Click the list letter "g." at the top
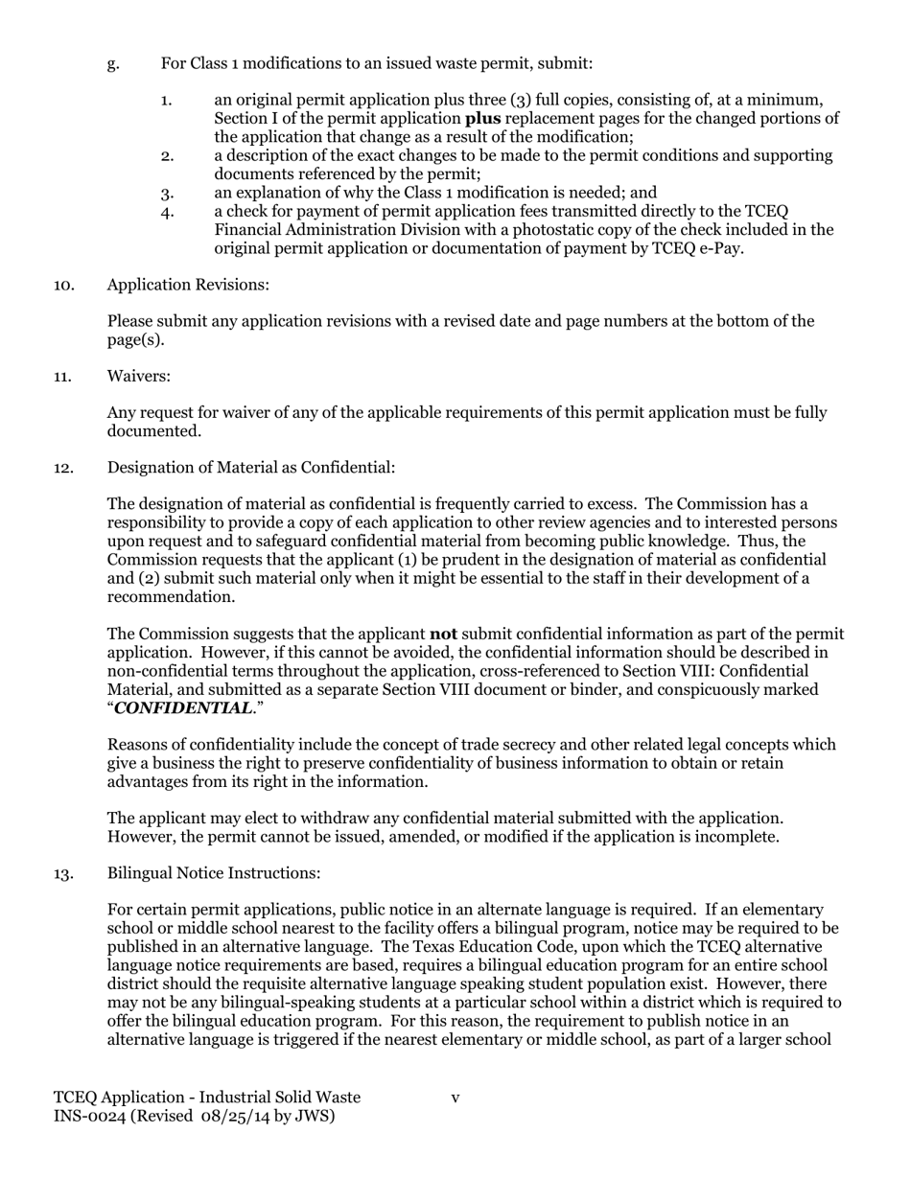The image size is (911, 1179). pos(113,64)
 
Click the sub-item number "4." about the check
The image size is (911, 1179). pos(168,212)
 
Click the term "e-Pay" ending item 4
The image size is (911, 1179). pos(721,248)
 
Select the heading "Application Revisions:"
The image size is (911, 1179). pos(188,285)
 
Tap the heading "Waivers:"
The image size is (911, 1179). pos(139,377)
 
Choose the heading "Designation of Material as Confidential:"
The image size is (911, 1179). pos(250,468)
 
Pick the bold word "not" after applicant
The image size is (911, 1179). pos(443,634)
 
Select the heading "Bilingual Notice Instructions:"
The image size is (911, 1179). pos(213,873)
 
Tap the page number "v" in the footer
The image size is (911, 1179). pos(455,1098)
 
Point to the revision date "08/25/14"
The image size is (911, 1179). pos(234,1116)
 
